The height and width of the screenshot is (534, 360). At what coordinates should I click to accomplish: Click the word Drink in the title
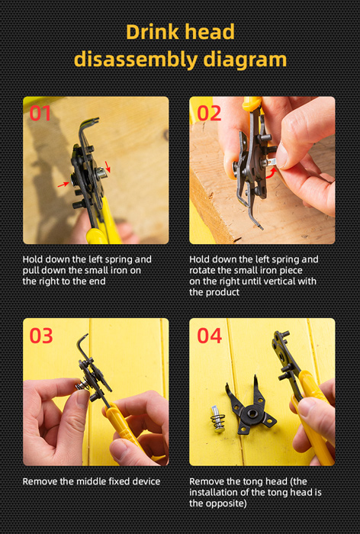click(x=152, y=32)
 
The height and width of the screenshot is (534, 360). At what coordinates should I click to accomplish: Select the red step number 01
click(x=40, y=113)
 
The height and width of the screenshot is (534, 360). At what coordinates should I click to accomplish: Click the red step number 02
click(x=209, y=113)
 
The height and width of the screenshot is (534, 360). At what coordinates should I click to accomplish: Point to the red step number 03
click(x=41, y=336)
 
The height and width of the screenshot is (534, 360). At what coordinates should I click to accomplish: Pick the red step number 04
click(x=210, y=336)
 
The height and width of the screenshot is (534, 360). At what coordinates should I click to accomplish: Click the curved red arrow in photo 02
click(x=272, y=173)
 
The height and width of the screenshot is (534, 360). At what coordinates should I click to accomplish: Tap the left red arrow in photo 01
click(x=63, y=185)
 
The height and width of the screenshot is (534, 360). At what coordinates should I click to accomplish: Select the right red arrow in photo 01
click(x=108, y=166)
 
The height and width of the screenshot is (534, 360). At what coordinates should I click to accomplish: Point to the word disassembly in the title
click(x=136, y=60)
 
